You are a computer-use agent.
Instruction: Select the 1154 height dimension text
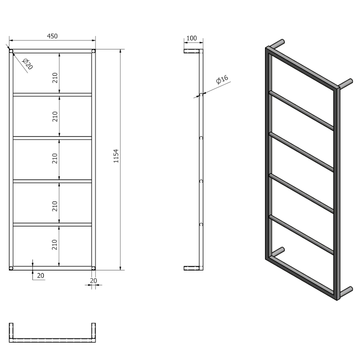pos(116,156)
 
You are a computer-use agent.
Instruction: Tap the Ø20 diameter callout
pos(27,63)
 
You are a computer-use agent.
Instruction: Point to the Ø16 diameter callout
pos(222,80)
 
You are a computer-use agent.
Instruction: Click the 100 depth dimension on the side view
pos(192,38)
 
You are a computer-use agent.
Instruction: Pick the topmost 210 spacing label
pos(55,77)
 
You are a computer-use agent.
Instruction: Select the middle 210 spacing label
pos(55,158)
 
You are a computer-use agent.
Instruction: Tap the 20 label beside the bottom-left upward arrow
pos(41,276)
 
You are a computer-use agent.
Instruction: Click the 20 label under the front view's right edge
pos(94,280)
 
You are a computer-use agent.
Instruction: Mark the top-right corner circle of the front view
pos(93,51)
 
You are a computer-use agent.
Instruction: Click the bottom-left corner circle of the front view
pos(11,268)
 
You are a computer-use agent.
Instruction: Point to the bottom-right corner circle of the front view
pos(93,268)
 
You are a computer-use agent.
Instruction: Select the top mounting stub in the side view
pos(191,51)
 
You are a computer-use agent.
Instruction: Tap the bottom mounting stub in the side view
pos(191,268)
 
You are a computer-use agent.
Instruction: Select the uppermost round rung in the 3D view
pos(301,110)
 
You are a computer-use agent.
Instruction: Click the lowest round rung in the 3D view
pos(301,234)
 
